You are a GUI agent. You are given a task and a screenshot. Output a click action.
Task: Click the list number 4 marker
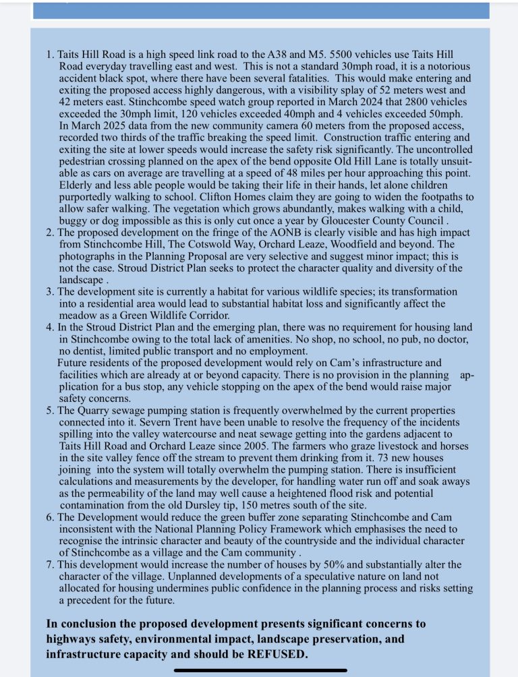tap(50, 326)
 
